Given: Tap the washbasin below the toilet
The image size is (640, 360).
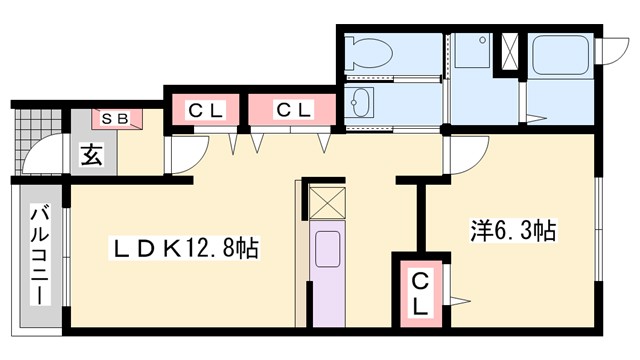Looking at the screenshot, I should click(360, 103).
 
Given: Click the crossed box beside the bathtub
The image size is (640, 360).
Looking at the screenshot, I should click(509, 52).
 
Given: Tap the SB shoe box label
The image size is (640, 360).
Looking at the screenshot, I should click(118, 119).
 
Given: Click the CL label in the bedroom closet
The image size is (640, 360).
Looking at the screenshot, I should click(420, 293).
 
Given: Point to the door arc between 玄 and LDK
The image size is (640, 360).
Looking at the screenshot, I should click(186, 156).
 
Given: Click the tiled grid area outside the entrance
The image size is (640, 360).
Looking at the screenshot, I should click(23, 140).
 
